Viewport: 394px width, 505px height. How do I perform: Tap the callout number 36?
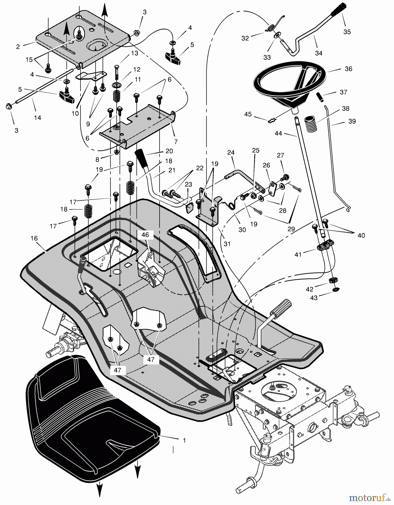348,69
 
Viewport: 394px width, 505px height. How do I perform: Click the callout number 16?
34,238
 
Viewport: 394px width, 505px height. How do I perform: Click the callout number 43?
314,298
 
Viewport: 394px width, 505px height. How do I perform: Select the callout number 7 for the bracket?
176,142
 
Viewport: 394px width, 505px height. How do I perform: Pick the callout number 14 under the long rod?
37,118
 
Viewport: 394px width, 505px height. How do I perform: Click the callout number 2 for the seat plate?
18,47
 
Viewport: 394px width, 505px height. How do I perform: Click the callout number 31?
227,244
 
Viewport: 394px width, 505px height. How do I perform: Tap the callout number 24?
231,153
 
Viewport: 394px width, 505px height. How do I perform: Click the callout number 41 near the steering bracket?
298,254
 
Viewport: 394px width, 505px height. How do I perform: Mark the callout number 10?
75,114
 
